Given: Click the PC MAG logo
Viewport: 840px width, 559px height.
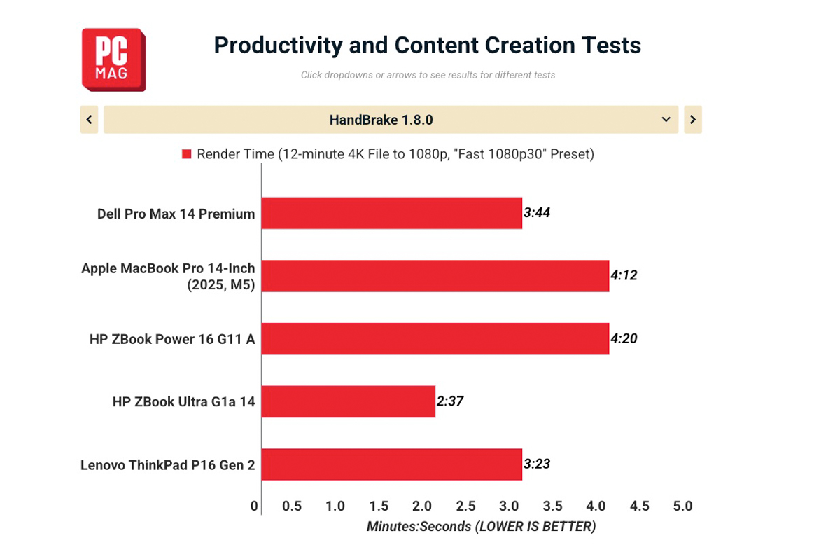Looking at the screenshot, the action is [113, 60].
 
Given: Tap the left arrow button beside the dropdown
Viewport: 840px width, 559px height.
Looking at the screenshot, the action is [90, 120].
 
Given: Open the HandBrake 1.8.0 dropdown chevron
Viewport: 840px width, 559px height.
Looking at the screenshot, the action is [666, 120].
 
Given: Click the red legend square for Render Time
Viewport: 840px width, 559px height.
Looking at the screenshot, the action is [187, 154].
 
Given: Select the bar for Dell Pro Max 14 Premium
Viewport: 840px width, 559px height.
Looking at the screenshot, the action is [392, 213].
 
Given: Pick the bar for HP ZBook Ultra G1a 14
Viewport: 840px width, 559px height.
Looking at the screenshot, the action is [349, 401].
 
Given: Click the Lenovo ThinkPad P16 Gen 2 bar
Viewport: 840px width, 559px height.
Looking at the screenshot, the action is [392, 464].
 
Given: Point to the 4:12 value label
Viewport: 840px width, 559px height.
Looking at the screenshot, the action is [624, 275].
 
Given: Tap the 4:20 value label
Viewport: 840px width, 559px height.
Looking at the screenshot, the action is [624, 338].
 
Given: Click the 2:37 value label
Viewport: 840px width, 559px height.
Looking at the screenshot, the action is [450, 401].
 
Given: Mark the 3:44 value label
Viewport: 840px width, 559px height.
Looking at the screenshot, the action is [537, 213].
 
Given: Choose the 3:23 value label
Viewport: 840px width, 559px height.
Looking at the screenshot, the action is [537, 464].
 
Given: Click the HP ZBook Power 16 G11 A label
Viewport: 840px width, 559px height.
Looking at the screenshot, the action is [172, 339].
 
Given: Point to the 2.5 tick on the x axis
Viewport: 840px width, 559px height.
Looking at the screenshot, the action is [465, 506].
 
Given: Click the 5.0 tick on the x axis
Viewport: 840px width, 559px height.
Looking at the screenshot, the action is [683, 506].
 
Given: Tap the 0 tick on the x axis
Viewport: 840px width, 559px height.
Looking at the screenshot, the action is [254, 506].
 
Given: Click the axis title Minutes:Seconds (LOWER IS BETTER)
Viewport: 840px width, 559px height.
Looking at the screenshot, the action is [481, 527].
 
